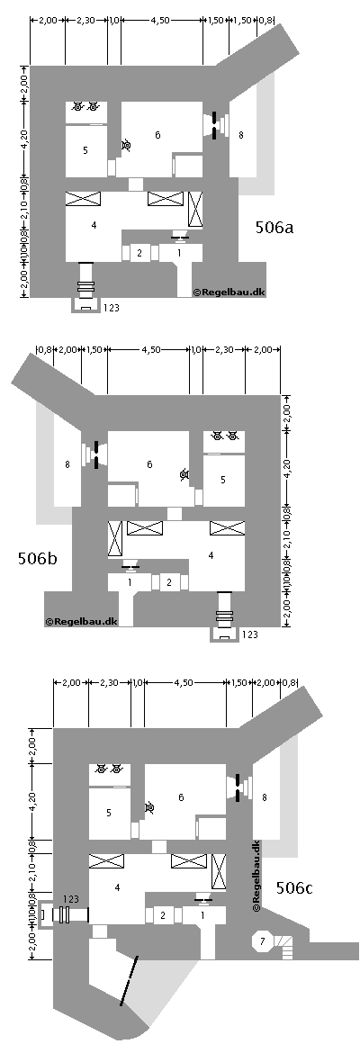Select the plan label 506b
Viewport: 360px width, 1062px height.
pyautogui.click(x=37, y=559)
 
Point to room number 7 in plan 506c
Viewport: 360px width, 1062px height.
pyautogui.click(x=262, y=940)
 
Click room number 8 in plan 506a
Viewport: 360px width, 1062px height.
pyautogui.click(x=240, y=135)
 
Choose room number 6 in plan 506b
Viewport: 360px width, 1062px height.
pyautogui.click(x=150, y=465)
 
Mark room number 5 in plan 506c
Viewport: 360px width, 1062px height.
pyautogui.click(x=108, y=812)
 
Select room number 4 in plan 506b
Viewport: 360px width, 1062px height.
pyautogui.click(x=210, y=556)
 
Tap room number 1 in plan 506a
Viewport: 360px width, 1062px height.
pyautogui.click(x=178, y=254)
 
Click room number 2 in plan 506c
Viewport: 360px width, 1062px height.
pyautogui.click(x=163, y=915)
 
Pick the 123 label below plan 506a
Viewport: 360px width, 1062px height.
pyautogui.click(x=112, y=308)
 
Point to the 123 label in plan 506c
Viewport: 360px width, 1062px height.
pyautogui.click(x=71, y=899)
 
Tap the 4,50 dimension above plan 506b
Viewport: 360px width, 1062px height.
pyautogui.click(x=148, y=351)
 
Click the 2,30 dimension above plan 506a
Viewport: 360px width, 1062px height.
pyautogui.click(x=86, y=20)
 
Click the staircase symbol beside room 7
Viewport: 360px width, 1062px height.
pyautogui.click(x=286, y=943)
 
